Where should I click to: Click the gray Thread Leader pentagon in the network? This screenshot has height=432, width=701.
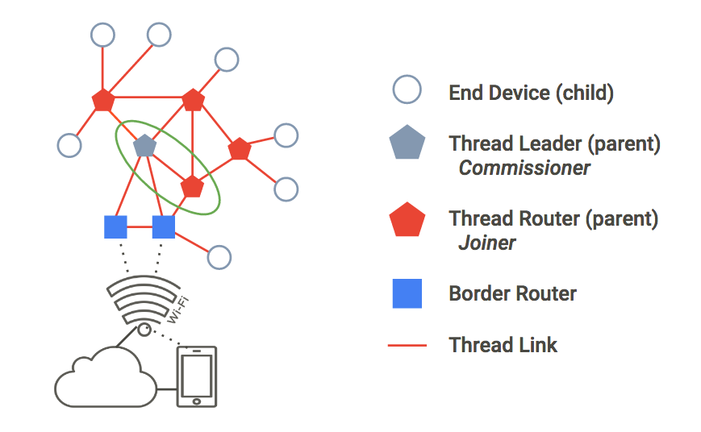(x=144, y=146)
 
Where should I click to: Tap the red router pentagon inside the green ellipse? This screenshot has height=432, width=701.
(x=192, y=186)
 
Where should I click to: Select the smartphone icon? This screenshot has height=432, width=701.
(x=197, y=376)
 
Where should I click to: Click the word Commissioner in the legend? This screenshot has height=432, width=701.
(x=524, y=168)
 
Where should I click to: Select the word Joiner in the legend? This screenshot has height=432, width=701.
(x=487, y=243)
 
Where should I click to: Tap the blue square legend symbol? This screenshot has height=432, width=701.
(x=407, y=293)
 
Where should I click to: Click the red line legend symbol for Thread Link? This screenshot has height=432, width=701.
(x=407, y=346)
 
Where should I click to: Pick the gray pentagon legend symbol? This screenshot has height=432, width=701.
(x=407, y=144)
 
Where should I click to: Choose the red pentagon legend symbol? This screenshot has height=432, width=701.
(x=407, y=219)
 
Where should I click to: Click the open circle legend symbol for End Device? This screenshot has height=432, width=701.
(x=407, y=90)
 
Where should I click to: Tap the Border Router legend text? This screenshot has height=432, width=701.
(x=512, y=293)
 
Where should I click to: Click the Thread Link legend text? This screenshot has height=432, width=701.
(x=503, y=346)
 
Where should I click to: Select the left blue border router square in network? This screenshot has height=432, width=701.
(x=116, y=227)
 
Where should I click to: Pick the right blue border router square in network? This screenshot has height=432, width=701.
(x=164, y=227)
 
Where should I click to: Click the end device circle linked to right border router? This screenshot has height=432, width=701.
(x=219, y=257)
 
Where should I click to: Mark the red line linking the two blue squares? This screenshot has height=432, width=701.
(x=140, y=227)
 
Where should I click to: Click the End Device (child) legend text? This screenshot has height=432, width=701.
(x=531, y=93)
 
